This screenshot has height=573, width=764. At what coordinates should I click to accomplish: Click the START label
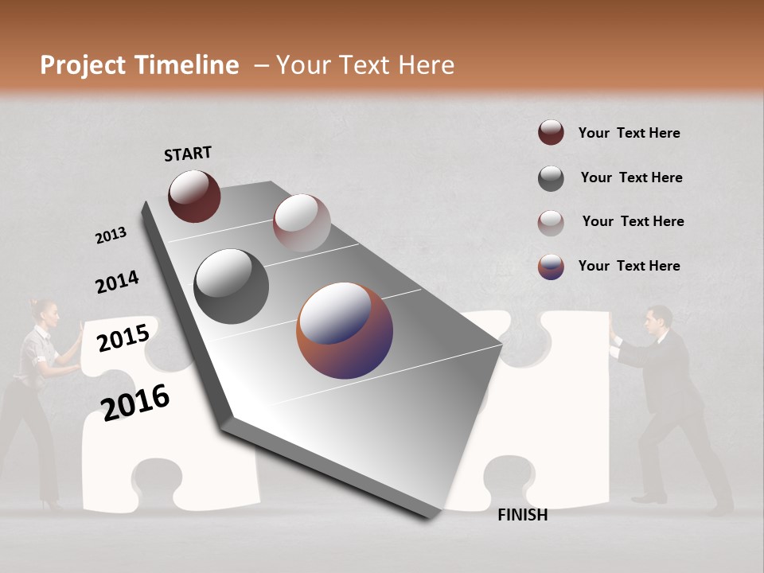point(188,154)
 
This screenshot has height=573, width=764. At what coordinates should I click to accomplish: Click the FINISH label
point(522,515)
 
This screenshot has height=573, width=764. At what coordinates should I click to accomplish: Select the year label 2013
point(111,236)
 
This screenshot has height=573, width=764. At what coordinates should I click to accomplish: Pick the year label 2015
point(123,338)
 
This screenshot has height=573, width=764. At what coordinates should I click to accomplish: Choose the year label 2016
point(135,402)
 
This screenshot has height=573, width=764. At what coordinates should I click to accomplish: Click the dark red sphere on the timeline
point(194,196)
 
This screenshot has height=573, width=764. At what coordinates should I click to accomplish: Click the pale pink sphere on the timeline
point(302,223)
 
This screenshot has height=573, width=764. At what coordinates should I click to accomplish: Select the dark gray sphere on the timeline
point(232,286)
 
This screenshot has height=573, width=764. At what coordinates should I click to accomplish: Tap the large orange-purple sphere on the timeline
point(345,330)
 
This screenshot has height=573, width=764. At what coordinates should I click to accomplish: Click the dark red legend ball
point(551,133)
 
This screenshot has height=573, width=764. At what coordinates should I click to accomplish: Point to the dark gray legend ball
point(551,178)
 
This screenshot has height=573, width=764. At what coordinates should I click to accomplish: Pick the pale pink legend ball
point(551,223)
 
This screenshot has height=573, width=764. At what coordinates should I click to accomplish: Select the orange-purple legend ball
point(551,267)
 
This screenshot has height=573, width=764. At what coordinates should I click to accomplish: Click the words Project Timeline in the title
point(139,65)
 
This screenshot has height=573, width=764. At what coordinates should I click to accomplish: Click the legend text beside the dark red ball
point(629,133)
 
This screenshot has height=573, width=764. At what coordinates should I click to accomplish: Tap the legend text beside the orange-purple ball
point(629,266)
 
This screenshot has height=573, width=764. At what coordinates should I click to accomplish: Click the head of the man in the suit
point(658,320)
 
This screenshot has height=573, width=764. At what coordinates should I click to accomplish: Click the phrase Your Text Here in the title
point(364,65)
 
